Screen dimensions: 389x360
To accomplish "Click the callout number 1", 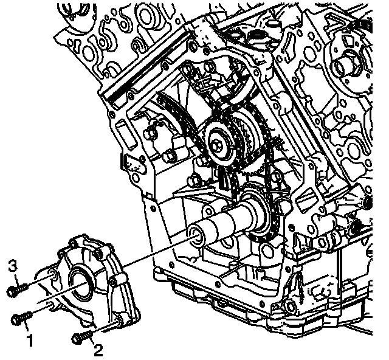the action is pos(30,340).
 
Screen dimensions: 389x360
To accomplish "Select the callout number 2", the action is pos(98,350).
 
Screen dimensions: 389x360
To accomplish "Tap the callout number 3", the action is pos(13,266).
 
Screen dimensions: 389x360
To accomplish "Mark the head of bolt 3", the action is pos(12,291).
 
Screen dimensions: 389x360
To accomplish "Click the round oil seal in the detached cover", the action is pos(81,282).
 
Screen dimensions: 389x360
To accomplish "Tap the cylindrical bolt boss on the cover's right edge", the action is pos(117,280).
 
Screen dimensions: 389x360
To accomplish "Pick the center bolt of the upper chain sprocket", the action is pos(216,144).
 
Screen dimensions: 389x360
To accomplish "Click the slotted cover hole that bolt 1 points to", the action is pos(50,305).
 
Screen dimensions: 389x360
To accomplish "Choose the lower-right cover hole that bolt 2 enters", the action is pos(118,320).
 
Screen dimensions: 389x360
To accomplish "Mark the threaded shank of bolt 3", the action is pos(22,288).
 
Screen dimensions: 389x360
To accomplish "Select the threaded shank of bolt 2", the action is pos(86,336).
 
